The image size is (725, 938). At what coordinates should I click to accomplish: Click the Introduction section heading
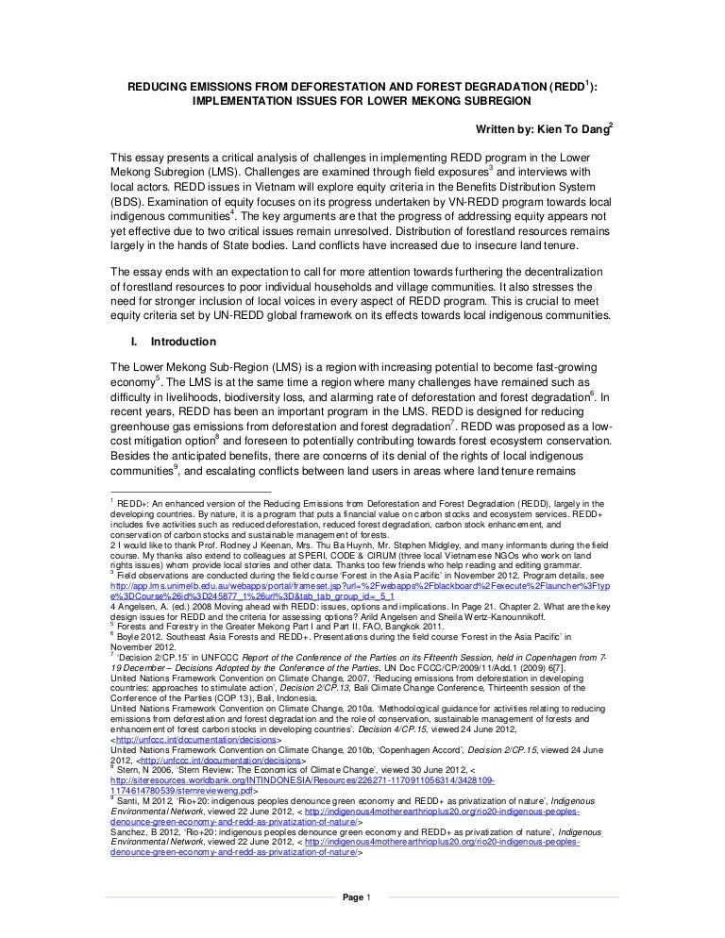pos(183,341)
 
